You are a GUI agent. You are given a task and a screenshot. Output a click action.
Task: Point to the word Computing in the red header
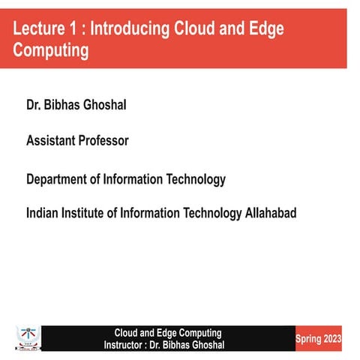pyautogui.click(x=50, y=50)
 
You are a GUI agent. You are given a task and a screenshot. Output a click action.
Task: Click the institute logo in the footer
pyautogui.click(x=27, y=337)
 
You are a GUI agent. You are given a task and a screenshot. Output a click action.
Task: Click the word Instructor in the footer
pyautogui.click(x=124, y=344)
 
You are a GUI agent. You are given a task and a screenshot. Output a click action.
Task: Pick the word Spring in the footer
pyautogui.click(x=308, y=339)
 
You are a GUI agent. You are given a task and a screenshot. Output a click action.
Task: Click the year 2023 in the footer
pyautogui.click(x=332, y=339)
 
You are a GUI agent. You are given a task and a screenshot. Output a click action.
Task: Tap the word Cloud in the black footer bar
pyautogui.click(x=127, y=332)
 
